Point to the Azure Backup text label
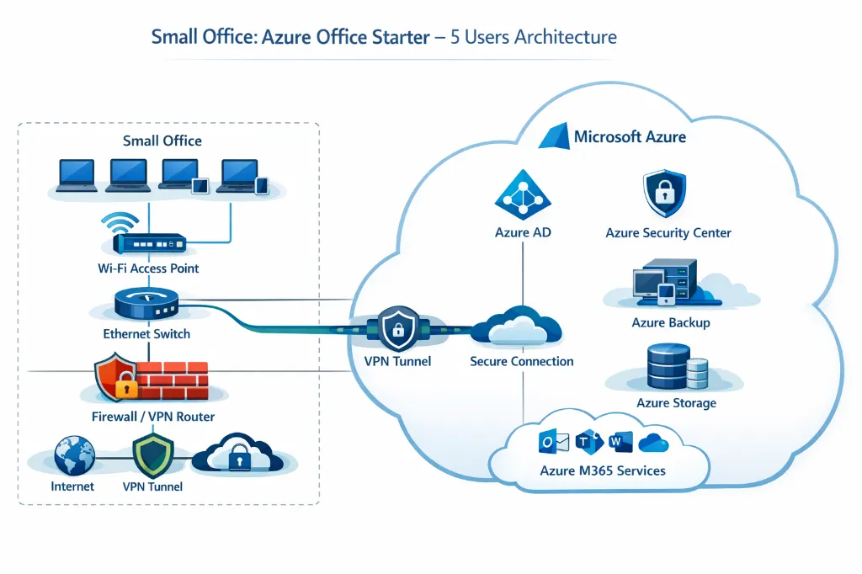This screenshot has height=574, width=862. [x=670, y=322]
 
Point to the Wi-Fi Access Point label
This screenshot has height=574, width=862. [x=147, y=268]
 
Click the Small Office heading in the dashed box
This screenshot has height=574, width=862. [x=162, y=141]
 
